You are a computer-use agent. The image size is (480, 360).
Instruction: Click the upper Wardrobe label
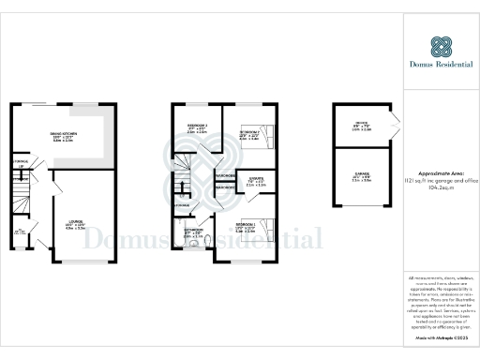click(x=225, y=175)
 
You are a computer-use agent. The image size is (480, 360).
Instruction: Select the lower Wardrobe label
click(x=225, y=187)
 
